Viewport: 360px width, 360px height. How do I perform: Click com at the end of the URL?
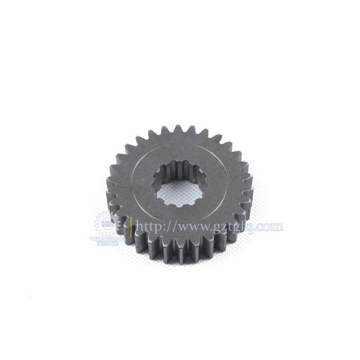271,227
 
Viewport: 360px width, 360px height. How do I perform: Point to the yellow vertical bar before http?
132,227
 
